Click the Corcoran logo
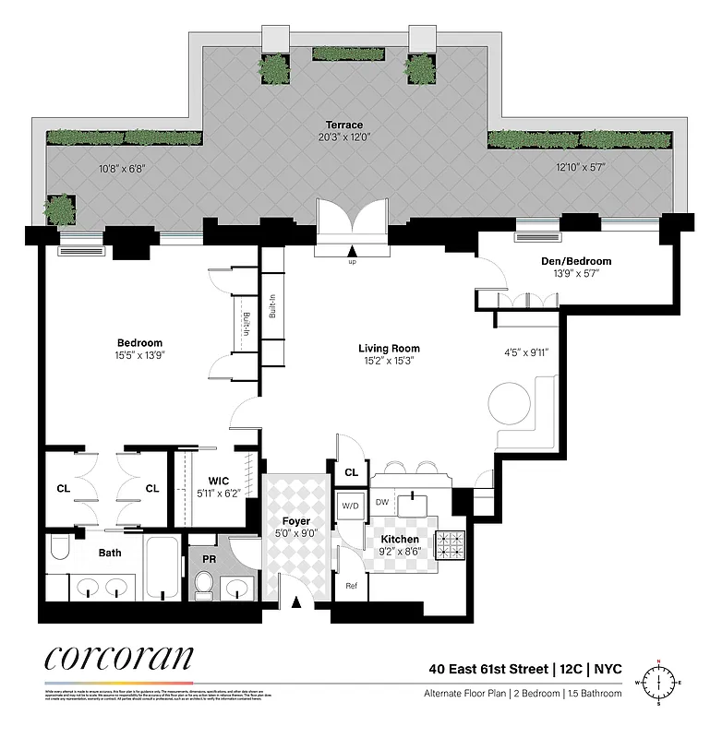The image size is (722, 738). (x=119, y=658)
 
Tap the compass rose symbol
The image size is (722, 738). (x=658, y=684)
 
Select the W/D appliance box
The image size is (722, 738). (x=351, y=506)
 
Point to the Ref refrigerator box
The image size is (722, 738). (x=351, y=585)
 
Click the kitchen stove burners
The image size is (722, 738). (x=452, y=545)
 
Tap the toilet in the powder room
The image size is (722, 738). (x=204, y=584)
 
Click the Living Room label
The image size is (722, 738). (x=389, y=349)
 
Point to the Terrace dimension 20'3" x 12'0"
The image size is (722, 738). (x=343, y=137)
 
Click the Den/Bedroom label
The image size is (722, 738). (x=576, y=261)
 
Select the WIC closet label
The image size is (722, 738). (x=218, y=481)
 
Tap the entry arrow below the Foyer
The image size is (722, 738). (x=296, y=603)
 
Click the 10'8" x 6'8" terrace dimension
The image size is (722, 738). (x=122, y=169)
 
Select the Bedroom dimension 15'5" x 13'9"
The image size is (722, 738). (x=140, y=354)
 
